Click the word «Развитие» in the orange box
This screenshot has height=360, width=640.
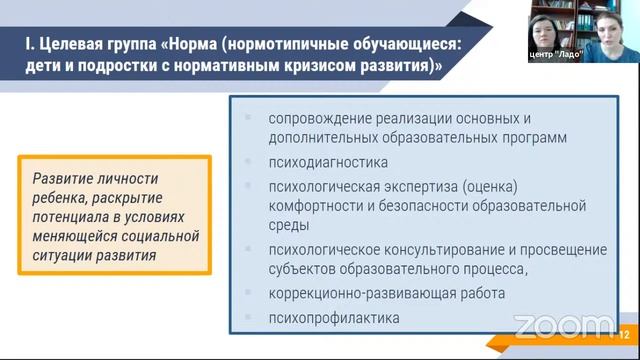[x=63, y=178]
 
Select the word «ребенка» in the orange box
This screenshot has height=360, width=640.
[x=58, y=197]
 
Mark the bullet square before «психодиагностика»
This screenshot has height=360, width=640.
[x=248, y=161]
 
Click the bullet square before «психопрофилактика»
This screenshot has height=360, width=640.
[x=248, y=318]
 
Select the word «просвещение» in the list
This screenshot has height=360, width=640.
[x=551, y=249]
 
